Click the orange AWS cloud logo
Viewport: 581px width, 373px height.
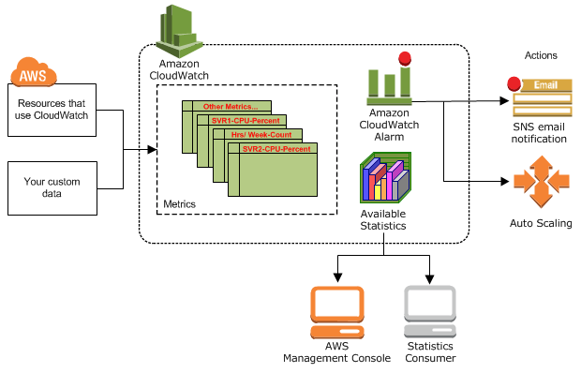34,72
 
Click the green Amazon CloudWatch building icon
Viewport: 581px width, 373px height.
178,30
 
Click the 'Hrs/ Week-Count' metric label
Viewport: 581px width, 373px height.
261,135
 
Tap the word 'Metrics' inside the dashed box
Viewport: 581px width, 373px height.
180,203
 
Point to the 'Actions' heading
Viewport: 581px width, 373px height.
541,56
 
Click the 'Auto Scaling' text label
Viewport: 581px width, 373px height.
540,224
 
